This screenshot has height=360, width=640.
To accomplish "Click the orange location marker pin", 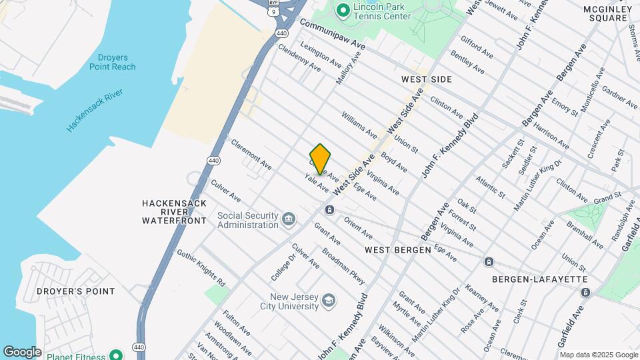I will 321,159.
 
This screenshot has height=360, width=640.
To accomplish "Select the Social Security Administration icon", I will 289,219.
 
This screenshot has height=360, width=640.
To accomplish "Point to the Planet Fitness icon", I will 116,356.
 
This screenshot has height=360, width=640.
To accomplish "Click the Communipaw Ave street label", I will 333,34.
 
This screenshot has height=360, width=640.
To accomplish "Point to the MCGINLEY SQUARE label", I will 607,13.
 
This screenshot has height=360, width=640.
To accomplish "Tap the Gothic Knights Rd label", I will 201,265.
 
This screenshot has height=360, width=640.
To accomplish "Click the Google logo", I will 22,351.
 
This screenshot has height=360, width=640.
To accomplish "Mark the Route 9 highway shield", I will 273,11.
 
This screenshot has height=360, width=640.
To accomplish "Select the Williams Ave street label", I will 360,125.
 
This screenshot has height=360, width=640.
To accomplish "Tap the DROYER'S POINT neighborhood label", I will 76,291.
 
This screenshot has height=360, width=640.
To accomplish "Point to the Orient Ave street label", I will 358,228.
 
